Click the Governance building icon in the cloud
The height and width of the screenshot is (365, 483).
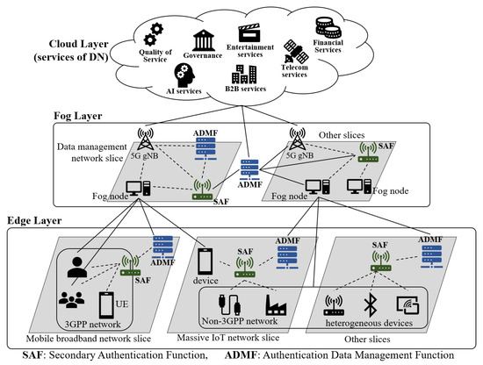204,40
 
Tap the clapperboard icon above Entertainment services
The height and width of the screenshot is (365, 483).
249,33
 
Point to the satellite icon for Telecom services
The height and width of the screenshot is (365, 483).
296,52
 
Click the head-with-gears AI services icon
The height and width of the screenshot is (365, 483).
184,75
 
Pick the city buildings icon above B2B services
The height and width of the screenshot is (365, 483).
244,75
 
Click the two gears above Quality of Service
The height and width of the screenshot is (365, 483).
154,34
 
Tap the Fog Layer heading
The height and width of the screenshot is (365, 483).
78,116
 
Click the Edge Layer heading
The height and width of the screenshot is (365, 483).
34,220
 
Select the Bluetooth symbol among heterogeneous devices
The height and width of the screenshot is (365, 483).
370,304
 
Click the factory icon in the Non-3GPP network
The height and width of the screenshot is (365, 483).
276,305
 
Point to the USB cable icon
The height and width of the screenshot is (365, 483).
229,304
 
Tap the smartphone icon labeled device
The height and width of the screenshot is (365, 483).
205,261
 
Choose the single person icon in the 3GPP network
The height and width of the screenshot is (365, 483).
76,268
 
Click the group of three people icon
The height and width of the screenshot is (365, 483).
71,299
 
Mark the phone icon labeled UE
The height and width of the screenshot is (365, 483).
106,305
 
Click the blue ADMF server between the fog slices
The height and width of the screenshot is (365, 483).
249,171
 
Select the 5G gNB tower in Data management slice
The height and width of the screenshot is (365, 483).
145,140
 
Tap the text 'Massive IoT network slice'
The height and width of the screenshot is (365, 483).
228,338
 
